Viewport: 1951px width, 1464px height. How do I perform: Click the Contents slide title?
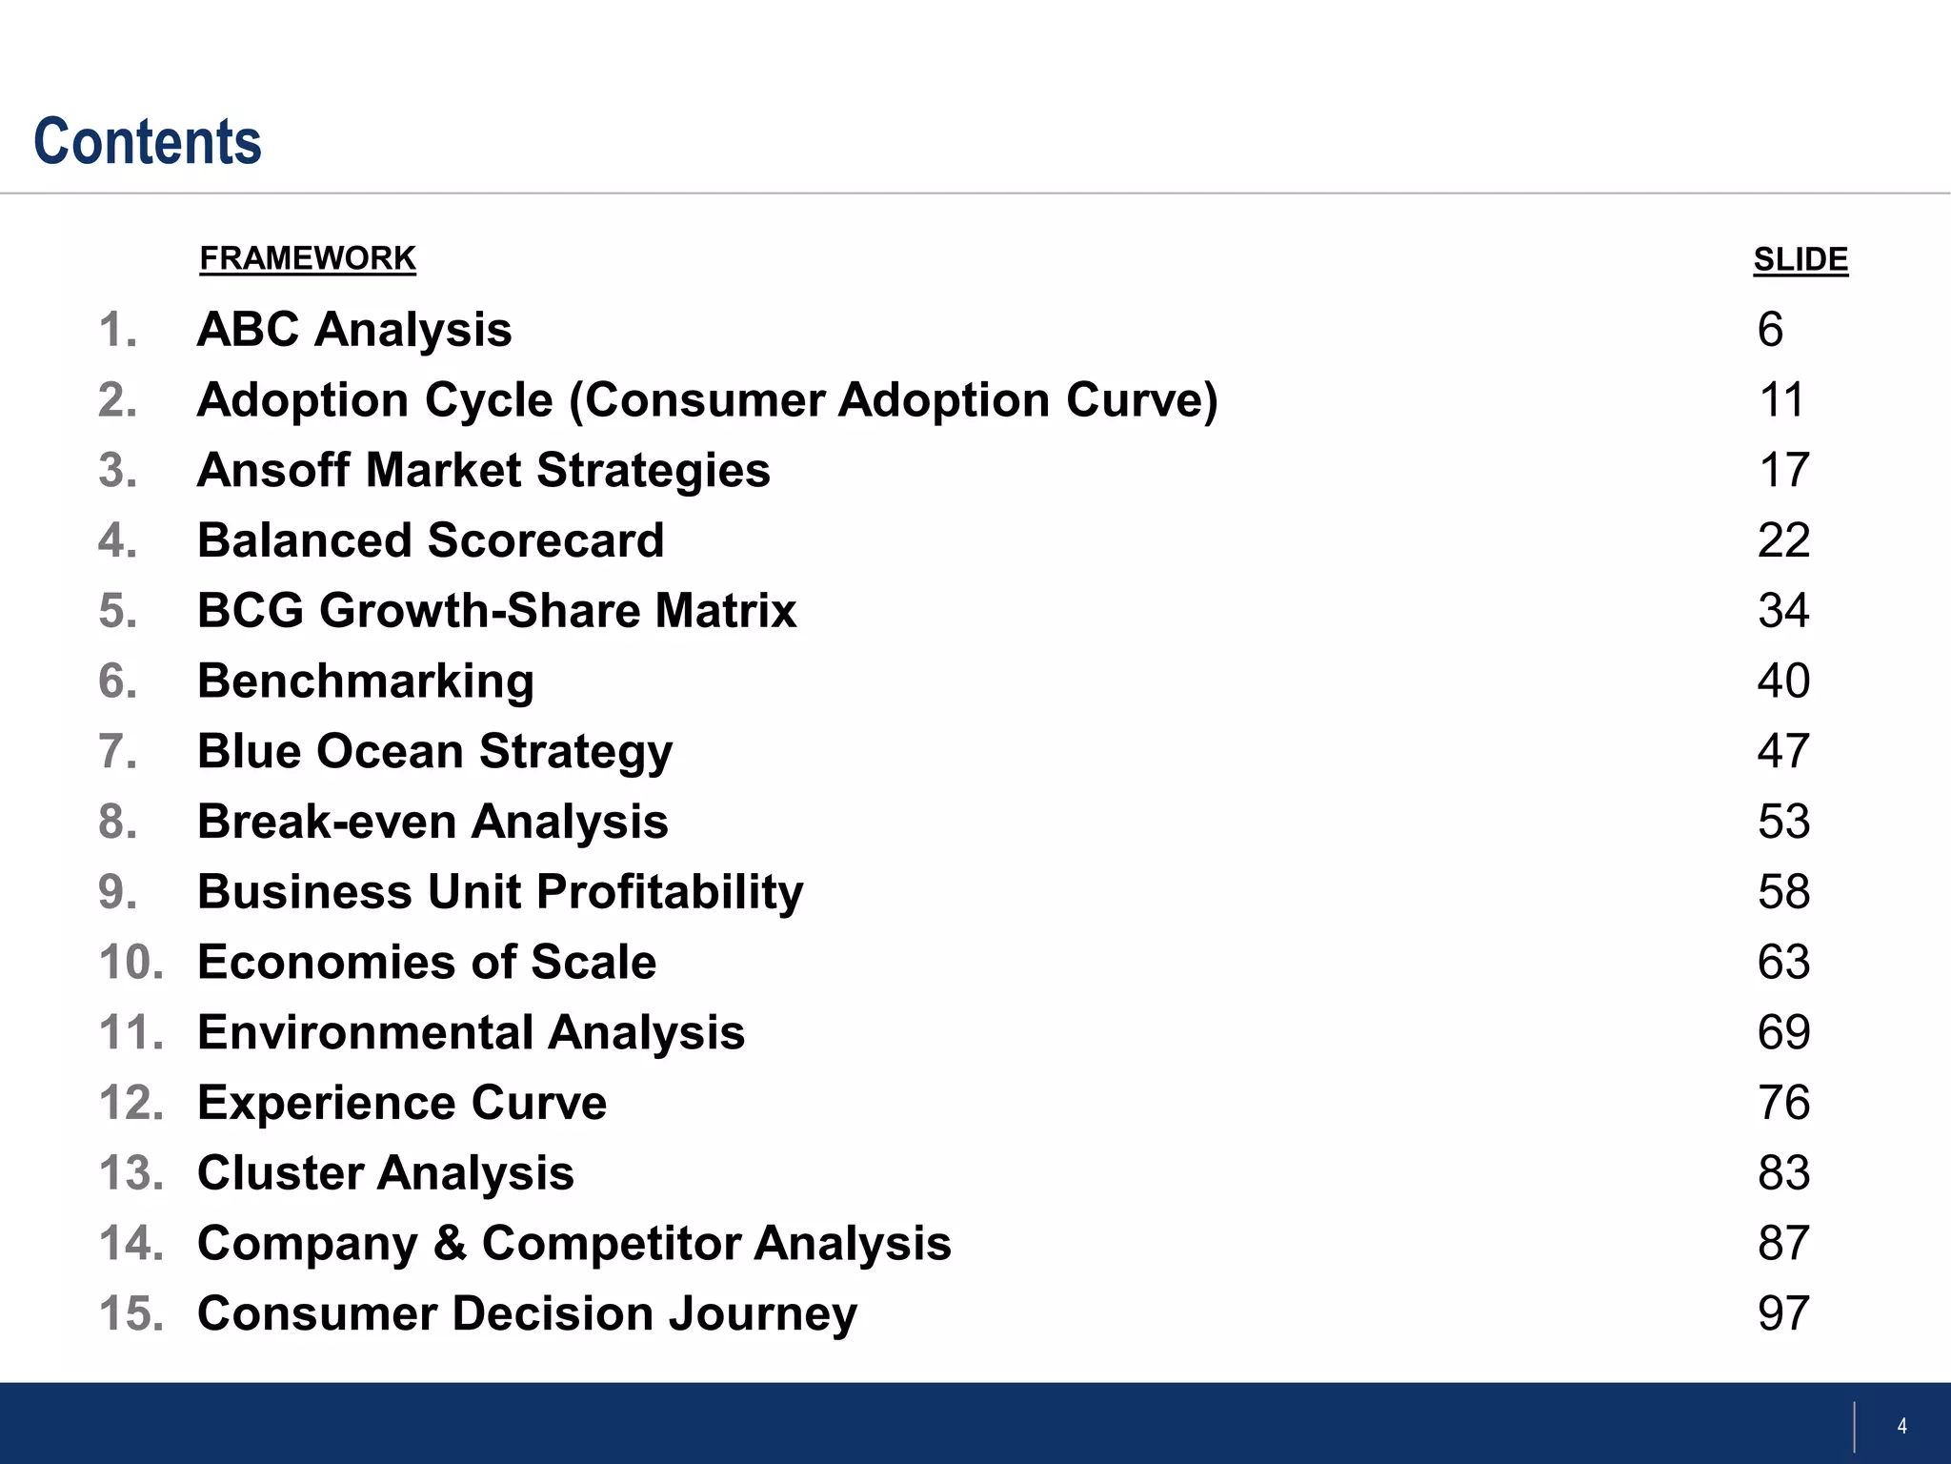click(148, 142)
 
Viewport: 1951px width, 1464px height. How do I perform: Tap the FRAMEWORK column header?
click(308, 258)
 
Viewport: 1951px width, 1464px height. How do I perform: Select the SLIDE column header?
click(1800, 259)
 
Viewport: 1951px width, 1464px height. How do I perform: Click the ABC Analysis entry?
click(354, 330)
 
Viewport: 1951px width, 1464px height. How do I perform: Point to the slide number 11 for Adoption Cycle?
click(1780, 400)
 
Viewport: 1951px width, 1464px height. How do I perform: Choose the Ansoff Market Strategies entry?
click(483, 470)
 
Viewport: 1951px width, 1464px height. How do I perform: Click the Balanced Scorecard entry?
click(431, 540)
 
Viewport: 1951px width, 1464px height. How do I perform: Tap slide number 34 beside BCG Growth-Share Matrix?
click(1782, 611)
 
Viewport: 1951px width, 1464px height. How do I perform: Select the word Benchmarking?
click(365, 681)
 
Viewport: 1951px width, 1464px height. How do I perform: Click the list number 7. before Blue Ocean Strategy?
click(118, 752)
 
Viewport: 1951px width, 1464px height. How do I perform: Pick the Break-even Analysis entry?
click(432, 822)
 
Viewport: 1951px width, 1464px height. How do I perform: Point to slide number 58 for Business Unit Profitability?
click(1782, 892)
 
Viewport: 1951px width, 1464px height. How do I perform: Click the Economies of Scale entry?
click(427, 963)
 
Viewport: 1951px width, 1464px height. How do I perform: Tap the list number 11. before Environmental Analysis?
click(131, 1033)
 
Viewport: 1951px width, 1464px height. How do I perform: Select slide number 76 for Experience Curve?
click(1782, 1103)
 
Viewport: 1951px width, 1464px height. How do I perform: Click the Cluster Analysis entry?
click(386, 1173)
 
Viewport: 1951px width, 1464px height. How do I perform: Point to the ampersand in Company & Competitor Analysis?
click(450, 1244)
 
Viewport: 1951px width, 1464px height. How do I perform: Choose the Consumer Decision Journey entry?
click(527, 1313)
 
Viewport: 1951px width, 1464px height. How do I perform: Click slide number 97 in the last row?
click(1782, 1313)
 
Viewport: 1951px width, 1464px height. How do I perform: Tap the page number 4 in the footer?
click(1901, 1427)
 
